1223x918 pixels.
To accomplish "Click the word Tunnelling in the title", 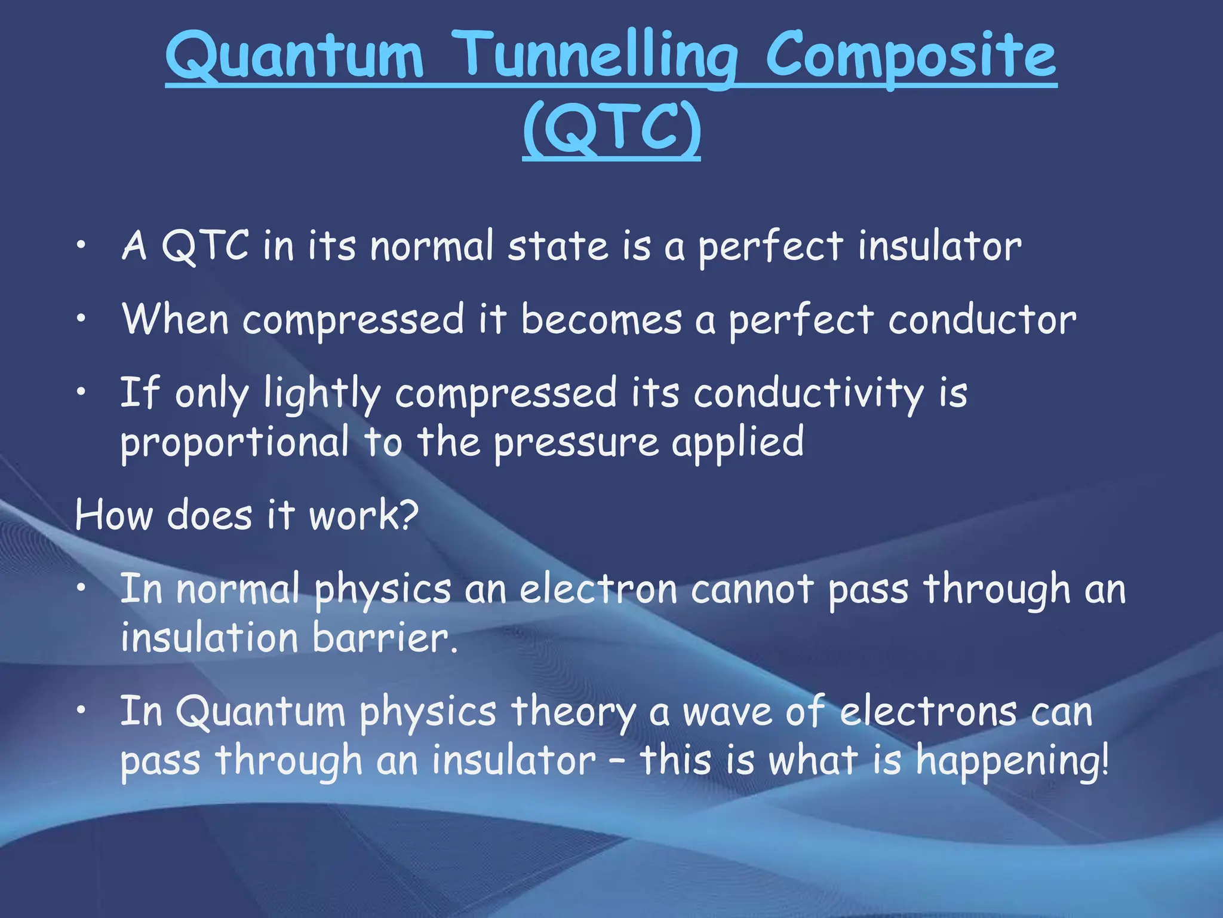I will coord(599,57).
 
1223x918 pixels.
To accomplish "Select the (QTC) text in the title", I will coord(611,129).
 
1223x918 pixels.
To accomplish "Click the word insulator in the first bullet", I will coord(939,246).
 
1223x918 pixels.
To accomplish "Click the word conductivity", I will coord(809,394).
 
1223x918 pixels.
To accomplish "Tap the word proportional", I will coord(235,442).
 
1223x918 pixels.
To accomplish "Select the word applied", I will coord(738,443).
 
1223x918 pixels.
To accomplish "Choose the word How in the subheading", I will coord(113,515).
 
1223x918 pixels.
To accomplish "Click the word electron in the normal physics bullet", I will coord(599,589).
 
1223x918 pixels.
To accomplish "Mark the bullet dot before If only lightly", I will coord(81,393).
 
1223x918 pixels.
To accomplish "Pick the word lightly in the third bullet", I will coord(322,394).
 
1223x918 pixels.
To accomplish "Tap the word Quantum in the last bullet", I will coord(260,712).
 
